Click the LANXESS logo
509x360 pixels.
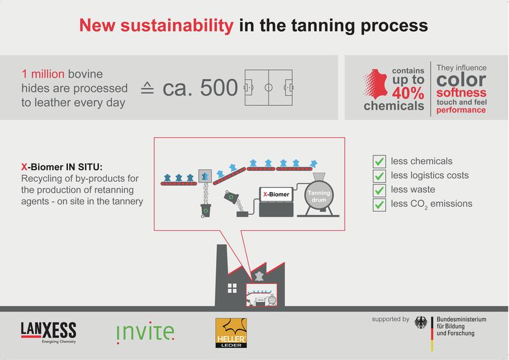click(x=48, y=331)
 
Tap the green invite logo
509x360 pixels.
click(x=145, y=332)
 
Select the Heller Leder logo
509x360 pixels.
click(x=231, y=333)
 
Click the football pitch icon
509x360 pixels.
click(x=269, y=88)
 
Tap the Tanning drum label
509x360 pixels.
click(x=318, y=196)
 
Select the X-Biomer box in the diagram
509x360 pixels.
click(x=276, y=195)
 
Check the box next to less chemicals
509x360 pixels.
click(x=379, y=162)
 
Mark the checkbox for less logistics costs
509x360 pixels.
click(x=379, y=176)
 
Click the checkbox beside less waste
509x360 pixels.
click(x=379, y=190)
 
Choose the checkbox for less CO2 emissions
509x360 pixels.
click(x=379, y=204)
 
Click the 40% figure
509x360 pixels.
click(x=408, y=93)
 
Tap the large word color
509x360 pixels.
click(x=461, y=80)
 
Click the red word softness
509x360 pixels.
click(x=461, y=93)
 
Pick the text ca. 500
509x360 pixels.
click(x=200, y=88)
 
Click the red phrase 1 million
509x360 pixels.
click(x=43, y=75)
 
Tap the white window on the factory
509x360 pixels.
click(x=232, y=288)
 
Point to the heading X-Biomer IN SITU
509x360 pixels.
click(x=62, y=167)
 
